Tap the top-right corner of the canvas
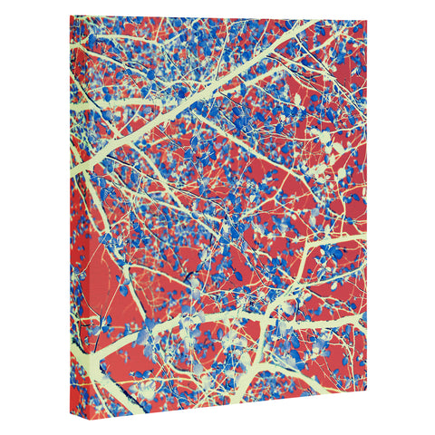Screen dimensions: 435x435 point(365,19)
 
